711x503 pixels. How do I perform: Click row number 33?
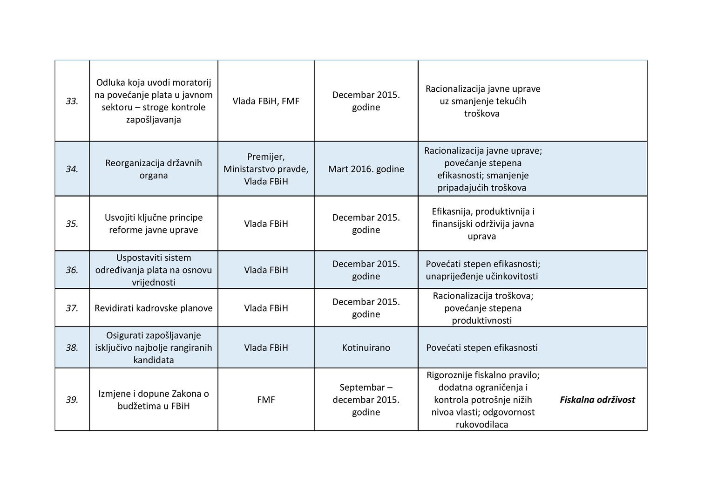click(x=72, y=101)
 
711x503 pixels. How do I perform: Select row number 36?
click(x=72, y=270)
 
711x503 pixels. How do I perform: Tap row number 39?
click(x=72, y=400)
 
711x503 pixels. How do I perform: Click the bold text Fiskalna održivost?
click(x=597, y=400)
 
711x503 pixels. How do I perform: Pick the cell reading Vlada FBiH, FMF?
click(x=266, y=101)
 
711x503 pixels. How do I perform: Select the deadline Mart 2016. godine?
click(x=366, y=169)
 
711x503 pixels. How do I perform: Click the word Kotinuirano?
click(x=366, y=347)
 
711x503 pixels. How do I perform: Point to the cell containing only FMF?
click(x=266, y=400)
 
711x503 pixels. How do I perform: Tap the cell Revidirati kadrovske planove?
click(x=154, y=308)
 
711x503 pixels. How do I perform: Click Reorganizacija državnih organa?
click(x=154, y=169)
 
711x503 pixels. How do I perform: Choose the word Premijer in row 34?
click(x=266, y=157)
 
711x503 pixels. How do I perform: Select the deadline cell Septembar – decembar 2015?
click(x=366, y=400)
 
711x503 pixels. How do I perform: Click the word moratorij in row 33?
click(x=192, y=82)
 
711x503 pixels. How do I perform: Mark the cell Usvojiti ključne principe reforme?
click(x=154, y=224)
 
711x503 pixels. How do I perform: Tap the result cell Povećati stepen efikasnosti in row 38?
click(x=482, y=347)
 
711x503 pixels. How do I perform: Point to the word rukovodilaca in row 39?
click(x=482, y=424)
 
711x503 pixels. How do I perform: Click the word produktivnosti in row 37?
click(x=482, y=320)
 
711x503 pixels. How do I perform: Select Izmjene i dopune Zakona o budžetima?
click(x=154, y=400)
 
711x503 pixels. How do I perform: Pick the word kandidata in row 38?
click(x=154, y=360)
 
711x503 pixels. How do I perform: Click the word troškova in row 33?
click(x=482, y=114)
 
